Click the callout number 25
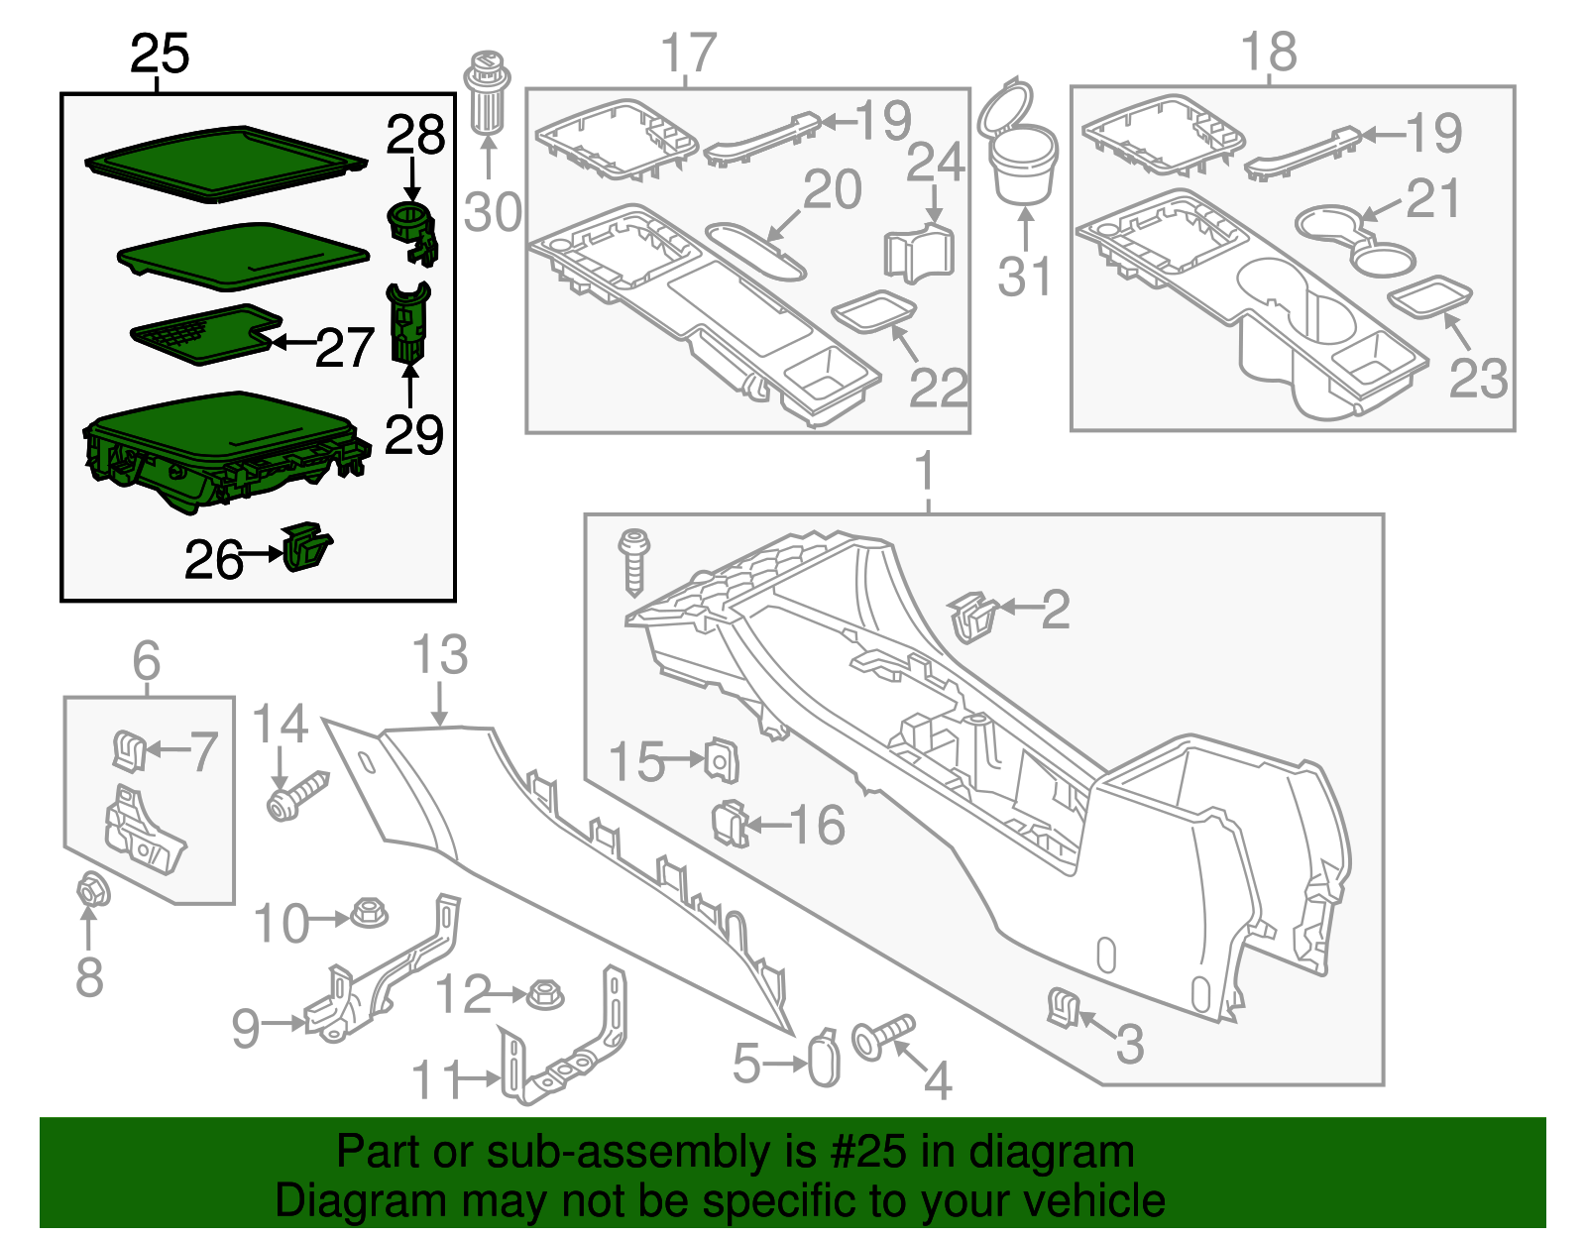tap(160, 54)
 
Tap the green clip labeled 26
tap(306, 547)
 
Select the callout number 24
tap(935, 162)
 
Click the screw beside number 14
tap(295, 796)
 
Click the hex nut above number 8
tap(92, 890)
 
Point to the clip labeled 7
tap(129, 750)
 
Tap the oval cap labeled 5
tap(825, 1062)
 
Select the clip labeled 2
tap(974, 617)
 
